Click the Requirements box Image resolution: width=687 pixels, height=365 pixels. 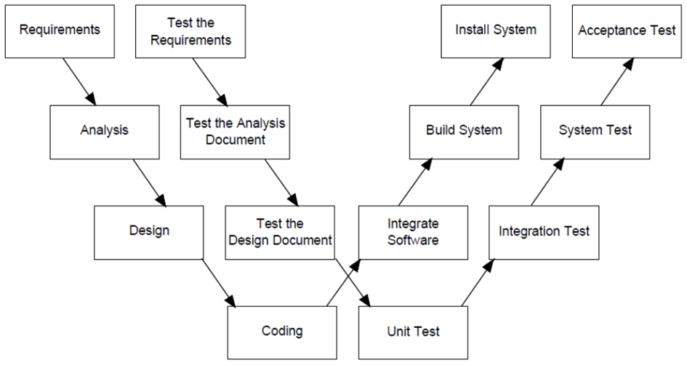60,31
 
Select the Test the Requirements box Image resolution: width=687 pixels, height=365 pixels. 190,31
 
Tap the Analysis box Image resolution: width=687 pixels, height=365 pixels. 105,132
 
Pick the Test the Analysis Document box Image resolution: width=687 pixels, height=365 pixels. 235,132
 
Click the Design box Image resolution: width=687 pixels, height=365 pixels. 149,232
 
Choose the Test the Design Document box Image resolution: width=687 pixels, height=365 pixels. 280,232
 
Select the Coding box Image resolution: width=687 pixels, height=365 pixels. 282,332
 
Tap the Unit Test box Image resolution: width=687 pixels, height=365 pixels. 413,332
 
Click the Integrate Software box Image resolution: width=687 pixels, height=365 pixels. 413,232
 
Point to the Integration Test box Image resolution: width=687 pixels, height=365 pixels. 544,232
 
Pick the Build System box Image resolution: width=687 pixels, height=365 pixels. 464,132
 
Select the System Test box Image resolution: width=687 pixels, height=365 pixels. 595,132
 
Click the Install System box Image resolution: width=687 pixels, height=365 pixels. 496,31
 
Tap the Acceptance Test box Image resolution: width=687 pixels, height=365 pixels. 627,31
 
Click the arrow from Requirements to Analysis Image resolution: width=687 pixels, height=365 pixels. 79,81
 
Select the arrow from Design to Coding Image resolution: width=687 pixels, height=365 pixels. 219,283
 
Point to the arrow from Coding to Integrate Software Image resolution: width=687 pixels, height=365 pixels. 344,283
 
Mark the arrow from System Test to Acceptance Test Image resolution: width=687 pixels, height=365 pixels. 617,81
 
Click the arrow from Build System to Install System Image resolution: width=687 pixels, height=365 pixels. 487,81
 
